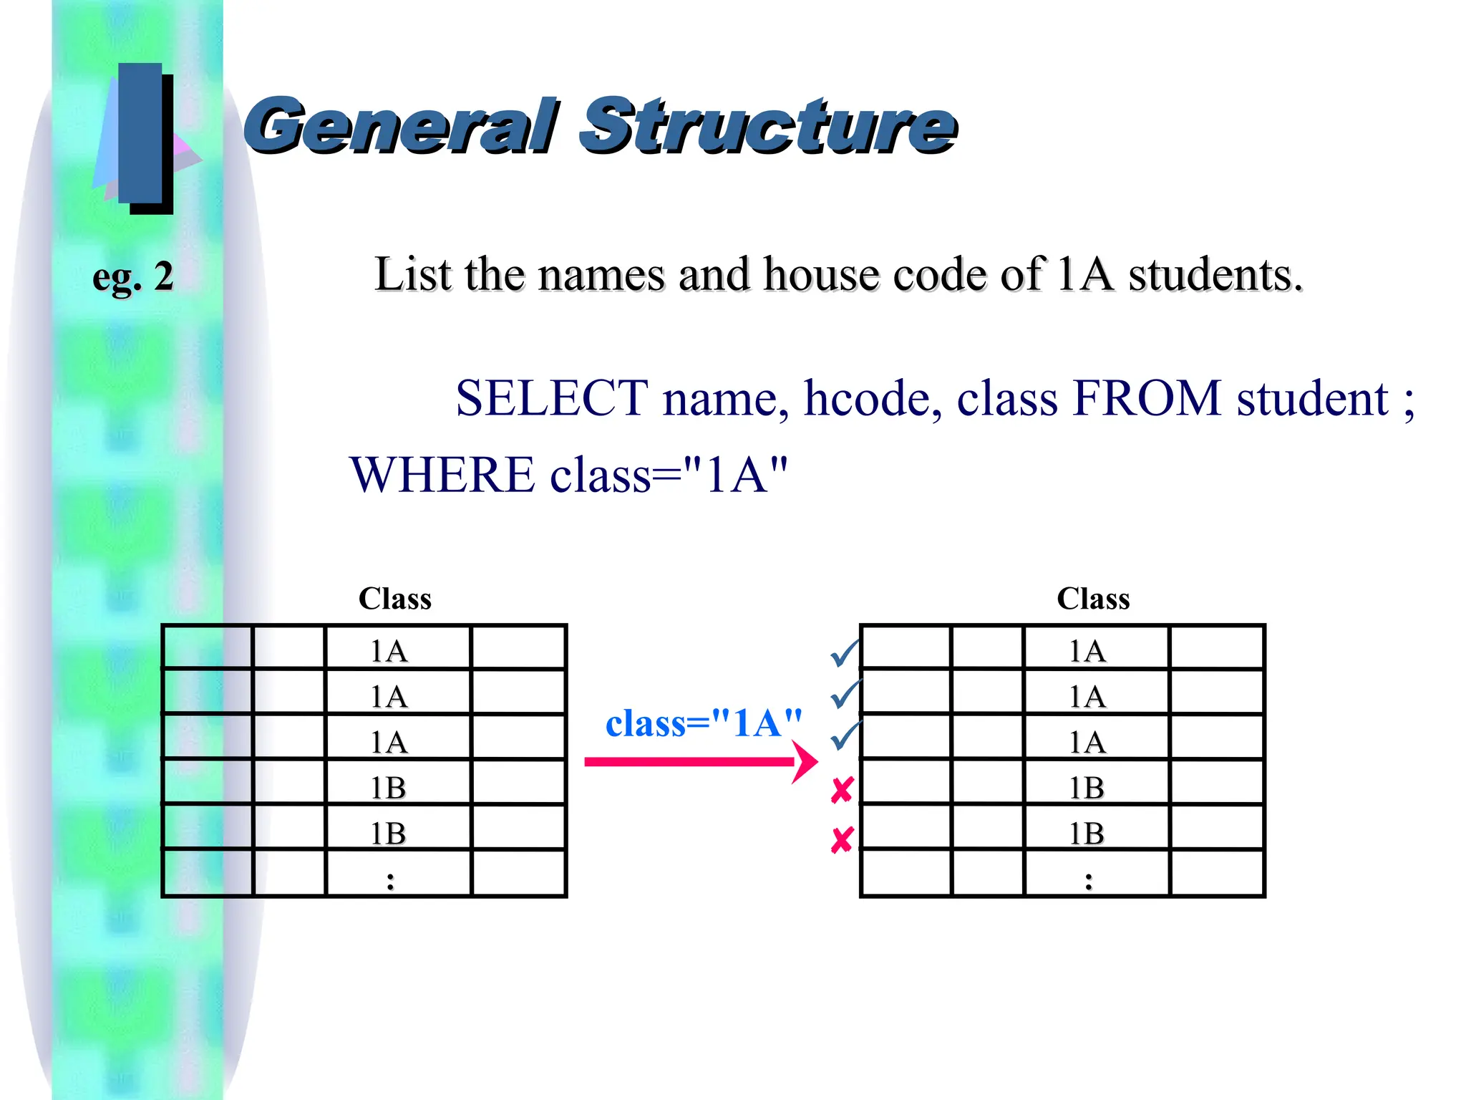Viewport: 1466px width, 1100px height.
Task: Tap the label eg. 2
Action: (x=133, y=277)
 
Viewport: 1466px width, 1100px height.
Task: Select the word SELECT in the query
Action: (x=551, y=398)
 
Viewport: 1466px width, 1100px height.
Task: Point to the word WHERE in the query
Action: (x=442, y=476)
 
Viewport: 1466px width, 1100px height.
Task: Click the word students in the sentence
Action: (x=1215, y=275)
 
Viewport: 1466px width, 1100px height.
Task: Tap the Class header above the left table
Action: (x=395, y=599)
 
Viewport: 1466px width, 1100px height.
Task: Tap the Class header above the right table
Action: (x=1093, y=599)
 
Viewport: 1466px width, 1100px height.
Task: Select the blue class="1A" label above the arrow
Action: (x=704, y=723)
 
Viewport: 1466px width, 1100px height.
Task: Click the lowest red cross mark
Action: (x=842, y=840)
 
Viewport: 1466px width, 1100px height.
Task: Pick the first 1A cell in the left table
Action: (x=389, y=652)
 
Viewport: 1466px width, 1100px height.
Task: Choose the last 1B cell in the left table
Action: (x=389, y=834)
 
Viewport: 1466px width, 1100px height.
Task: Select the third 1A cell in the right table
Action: (x=1087, y=743)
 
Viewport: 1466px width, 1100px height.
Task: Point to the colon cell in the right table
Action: (x=1089, y=881)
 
